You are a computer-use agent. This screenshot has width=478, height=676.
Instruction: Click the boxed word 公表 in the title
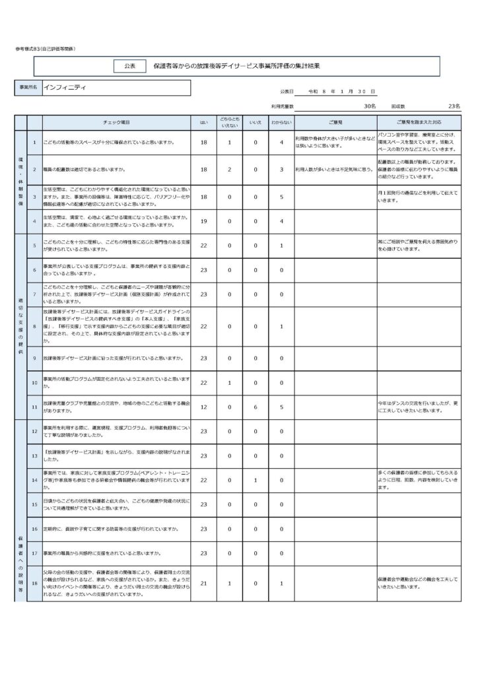click(129, 66)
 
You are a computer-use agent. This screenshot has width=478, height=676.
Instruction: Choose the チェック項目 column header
click(117, 123)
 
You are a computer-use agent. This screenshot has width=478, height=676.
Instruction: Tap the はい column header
click(203, 123)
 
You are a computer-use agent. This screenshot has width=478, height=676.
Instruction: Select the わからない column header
click(281, 123)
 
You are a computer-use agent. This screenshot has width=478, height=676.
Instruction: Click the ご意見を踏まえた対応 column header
click(419, 123)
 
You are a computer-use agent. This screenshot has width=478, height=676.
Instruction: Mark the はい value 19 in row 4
click(203, 221)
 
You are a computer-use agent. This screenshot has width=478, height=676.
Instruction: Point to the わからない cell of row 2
click(281, 170)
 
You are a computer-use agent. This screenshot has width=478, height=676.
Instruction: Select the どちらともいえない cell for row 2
click(229, 170)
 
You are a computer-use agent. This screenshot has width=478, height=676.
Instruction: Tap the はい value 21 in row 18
click(203, 584)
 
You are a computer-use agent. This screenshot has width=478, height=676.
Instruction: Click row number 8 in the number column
click(34, 326)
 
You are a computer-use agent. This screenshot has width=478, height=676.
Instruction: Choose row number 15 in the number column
click(34, 504)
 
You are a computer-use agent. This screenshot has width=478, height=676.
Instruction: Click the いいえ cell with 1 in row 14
click(254, 480)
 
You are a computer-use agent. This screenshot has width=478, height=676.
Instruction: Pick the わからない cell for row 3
click(281, 197)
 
